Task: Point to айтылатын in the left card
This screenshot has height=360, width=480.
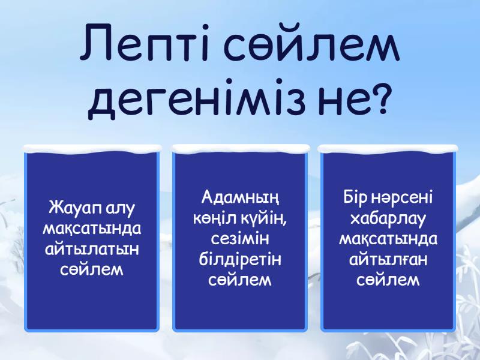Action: [92, 249]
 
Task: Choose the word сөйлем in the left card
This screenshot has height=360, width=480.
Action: [92, 269]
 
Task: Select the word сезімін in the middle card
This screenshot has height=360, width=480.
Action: [241, 238]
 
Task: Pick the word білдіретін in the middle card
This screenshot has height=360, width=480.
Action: [241, 259]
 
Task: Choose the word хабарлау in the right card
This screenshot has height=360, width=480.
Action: [388, 218]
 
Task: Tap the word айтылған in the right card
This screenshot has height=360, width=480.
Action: [388, 259]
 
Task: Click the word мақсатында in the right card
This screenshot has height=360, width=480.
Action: [388, 239]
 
